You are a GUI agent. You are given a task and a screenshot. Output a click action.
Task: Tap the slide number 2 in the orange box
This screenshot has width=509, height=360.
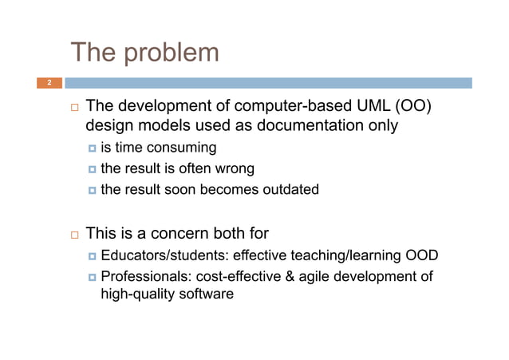click(x=49, y=83)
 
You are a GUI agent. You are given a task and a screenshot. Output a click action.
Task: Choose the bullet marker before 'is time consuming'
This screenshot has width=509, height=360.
click(x=93, y=148)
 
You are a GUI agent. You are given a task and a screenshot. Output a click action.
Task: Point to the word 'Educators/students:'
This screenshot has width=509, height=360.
click(x=164, y=255)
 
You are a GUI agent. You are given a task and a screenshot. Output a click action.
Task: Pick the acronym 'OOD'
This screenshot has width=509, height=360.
click(x=421, y=255)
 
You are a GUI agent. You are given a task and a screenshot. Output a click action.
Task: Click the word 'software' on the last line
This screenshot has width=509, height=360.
click(x=207, y=295)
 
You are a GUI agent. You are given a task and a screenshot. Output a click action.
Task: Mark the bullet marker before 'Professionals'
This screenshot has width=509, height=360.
click(x=93, y=277)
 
